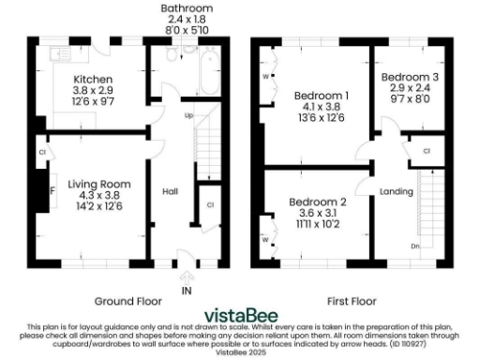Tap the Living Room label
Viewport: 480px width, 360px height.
[x=98, y=184]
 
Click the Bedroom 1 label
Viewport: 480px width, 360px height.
[x=322, y=96]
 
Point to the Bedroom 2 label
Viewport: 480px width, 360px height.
[x=318, y=202]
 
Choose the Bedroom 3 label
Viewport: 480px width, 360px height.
[x=409, y=74]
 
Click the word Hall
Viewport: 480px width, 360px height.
[x=171, y=191]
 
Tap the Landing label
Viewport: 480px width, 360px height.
[x=396, y=191]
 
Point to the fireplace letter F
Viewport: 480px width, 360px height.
[x=52, y=190]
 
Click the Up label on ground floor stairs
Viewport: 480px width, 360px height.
[x=188, y=116]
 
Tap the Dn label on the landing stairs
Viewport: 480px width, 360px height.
[x=416, y=247]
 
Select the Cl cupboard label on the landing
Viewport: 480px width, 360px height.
[x=426, y=151]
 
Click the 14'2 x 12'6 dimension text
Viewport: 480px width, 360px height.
[x=98, y=206]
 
